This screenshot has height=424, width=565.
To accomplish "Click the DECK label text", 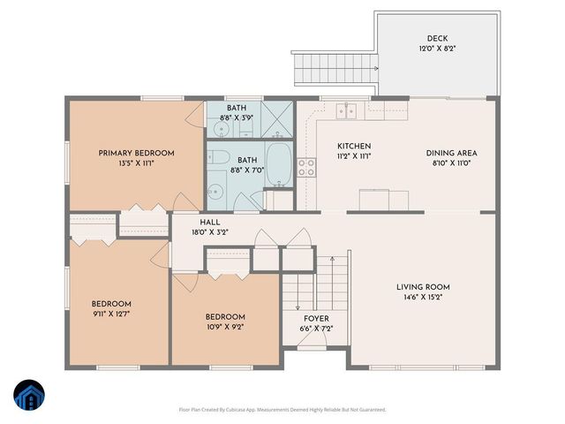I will pyautogui.click(x=437, y=38).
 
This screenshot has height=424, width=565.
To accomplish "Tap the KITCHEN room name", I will pyautogui.click(x=354, y=147).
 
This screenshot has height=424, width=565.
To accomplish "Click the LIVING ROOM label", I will pyautogui.click(x=423, y=287).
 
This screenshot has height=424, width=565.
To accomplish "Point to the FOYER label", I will pyautogui.click(x=316, y=318).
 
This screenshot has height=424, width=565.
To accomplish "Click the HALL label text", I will pyautogui.click(x=210, y=223).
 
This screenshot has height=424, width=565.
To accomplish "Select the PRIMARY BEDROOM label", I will pyautogui.click(x=136, y=153).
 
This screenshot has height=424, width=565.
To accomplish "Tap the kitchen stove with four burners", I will pyautogui.click(x=306, y=168).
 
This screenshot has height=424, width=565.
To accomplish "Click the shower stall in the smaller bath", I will pyautogui.click(x=280, y=117).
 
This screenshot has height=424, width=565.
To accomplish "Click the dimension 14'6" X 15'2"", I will pyautogui.click(x=423, y=298).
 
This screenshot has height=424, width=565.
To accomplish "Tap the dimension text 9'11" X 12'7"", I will pyautogui.click(x=112, y=314).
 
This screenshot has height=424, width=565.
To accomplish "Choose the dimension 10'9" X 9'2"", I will pyautogui.click(x=225, y=328).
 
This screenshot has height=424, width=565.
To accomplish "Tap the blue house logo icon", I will pyautogui.click(x=29, y=395).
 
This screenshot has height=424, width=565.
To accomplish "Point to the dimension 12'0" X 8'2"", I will pyautogui.click(x=437, y=49).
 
